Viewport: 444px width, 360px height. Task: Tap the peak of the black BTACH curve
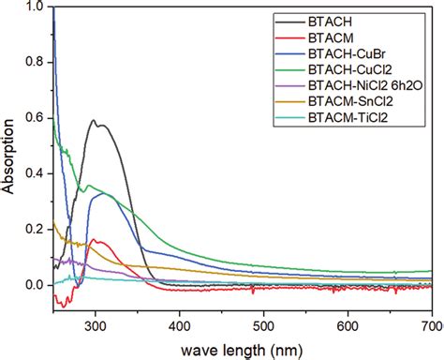click(95, 120)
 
